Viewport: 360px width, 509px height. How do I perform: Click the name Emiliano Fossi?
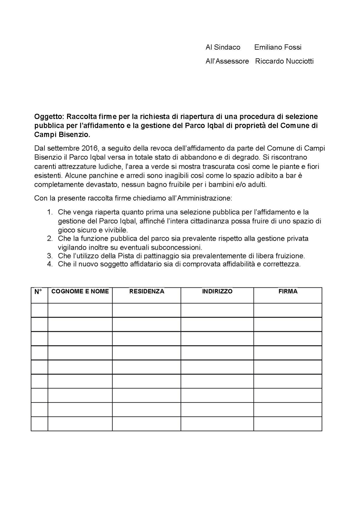[x=278, y=47]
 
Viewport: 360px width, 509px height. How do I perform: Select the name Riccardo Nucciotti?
[x=284, y=61]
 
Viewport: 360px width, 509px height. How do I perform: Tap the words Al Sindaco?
[x=223, y=47]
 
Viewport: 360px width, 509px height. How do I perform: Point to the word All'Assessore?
[x=227, y=61]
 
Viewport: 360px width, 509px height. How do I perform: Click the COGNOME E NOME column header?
[x=80, y=292]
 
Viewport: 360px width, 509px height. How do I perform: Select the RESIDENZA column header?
[x=147, y=292]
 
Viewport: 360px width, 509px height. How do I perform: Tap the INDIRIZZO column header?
[x=217, y=292]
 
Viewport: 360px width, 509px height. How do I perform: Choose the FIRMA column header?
[x=288, y=292]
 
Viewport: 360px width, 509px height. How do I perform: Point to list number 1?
[x=50, y=212]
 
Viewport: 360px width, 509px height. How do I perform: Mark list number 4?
[x=50, y=265]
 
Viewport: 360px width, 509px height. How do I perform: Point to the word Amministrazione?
[x=205, y=199]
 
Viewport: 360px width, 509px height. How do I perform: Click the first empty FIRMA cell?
[x=288, y=310]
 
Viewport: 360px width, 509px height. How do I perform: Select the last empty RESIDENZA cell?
[x=146, y=424]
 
